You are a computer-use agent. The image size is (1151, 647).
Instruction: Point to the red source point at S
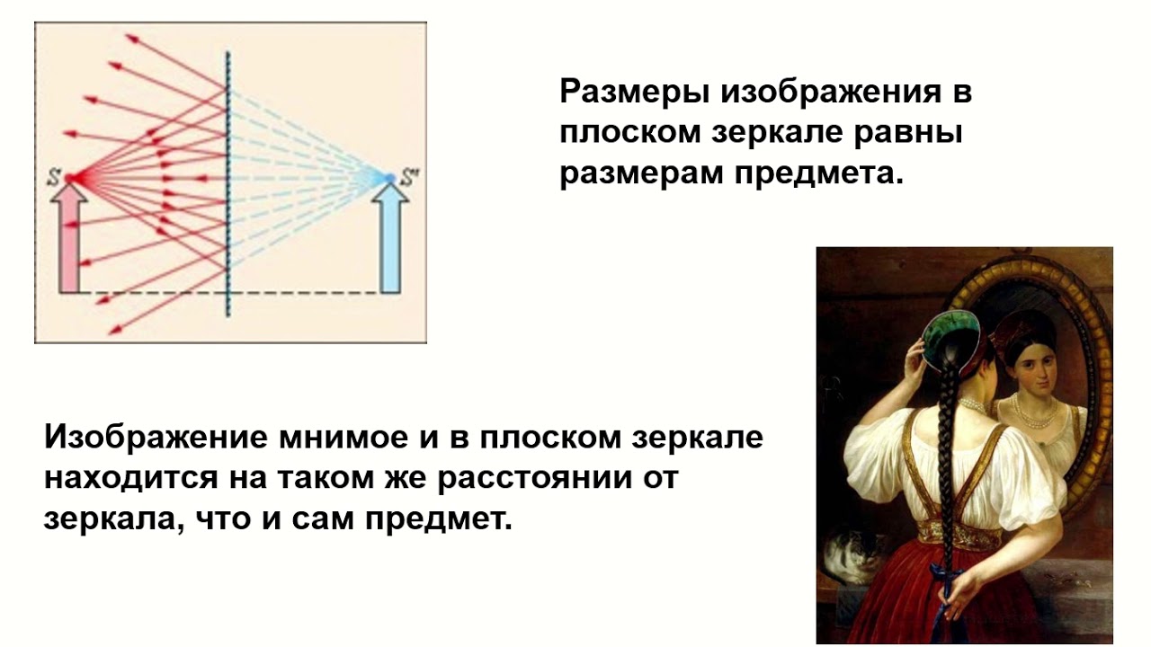(72, 178)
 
